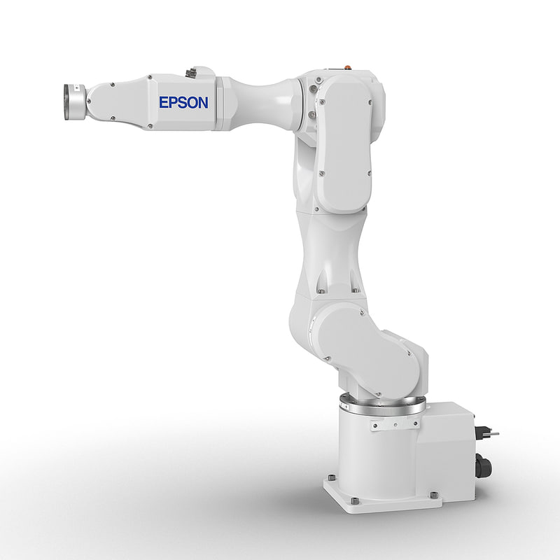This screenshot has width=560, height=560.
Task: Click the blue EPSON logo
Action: pos(183,102)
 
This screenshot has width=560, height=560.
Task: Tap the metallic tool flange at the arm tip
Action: pos(73,101)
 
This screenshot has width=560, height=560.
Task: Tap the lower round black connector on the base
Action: pos(481,463)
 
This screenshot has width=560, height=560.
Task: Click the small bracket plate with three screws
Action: pos(385,424)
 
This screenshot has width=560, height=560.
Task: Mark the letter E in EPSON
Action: pos(164,102)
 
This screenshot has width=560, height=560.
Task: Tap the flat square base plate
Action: pos(381,498)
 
